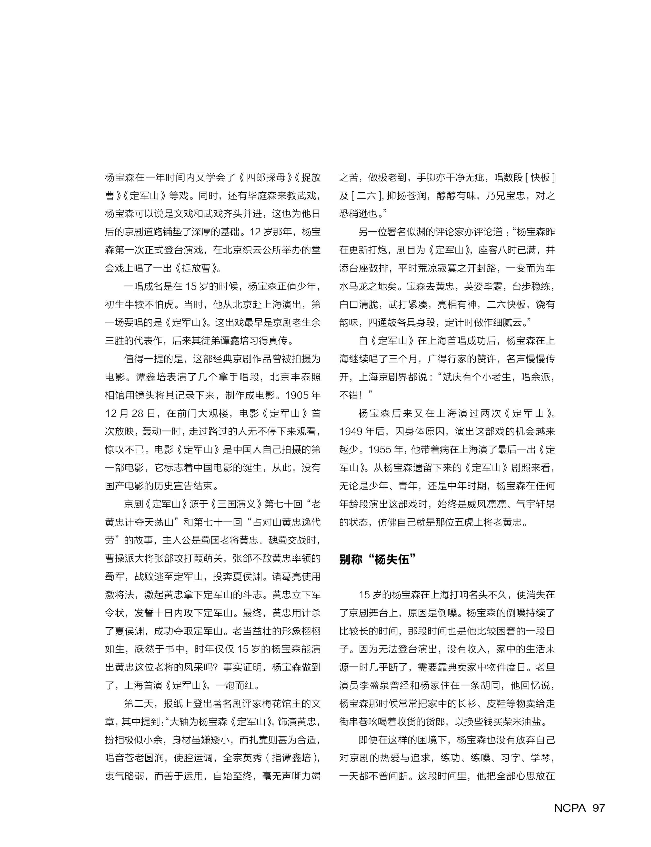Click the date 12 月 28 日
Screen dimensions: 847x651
click(x=130, y=413)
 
